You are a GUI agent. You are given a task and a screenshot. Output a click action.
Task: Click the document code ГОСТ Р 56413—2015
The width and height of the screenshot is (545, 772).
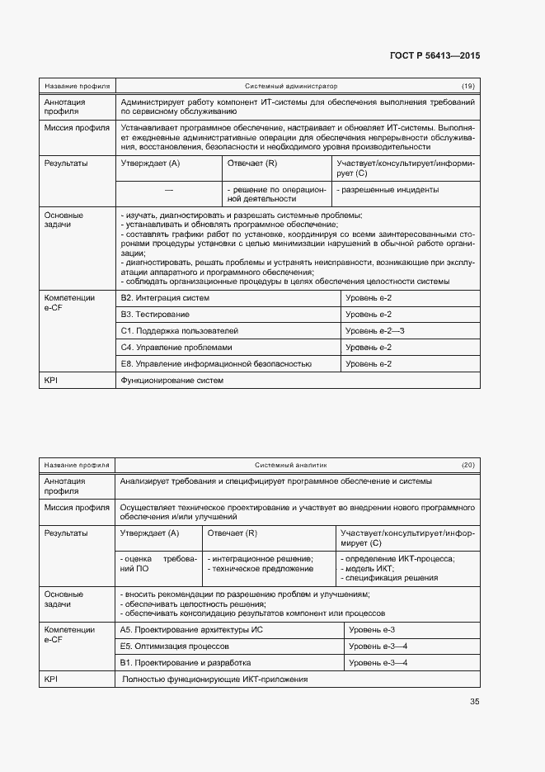(435, 56)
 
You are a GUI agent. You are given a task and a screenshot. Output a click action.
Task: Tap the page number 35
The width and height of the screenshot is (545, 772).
(474, 702)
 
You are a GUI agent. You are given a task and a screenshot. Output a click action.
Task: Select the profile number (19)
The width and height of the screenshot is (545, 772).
(467, 86)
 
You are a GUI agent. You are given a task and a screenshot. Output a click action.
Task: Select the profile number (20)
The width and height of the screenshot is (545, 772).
(467, 466)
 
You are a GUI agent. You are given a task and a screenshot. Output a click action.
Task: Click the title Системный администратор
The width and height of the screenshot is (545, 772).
(291, 86)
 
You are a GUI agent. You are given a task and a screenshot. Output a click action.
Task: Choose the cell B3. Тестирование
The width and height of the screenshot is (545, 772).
(155, 315)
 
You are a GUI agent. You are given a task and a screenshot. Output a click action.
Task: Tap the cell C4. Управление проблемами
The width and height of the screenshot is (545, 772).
(176, 348)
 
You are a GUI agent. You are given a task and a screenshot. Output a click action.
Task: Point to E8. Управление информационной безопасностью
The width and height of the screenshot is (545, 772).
(216, 363)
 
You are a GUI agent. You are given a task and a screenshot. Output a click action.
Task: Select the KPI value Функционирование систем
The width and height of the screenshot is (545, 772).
(172, 381)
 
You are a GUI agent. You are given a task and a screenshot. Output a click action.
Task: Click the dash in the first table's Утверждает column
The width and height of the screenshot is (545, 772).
(169, 190)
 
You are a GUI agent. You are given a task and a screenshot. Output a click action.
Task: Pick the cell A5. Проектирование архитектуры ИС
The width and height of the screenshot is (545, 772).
(191, 630)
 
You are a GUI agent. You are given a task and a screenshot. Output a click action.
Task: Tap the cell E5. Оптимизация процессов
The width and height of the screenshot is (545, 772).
(175, 646)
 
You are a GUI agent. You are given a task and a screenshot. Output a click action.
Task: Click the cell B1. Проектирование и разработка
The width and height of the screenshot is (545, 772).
(186, 663)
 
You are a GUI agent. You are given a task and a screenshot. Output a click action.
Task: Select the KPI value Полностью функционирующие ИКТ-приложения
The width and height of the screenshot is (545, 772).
(214, 680)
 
